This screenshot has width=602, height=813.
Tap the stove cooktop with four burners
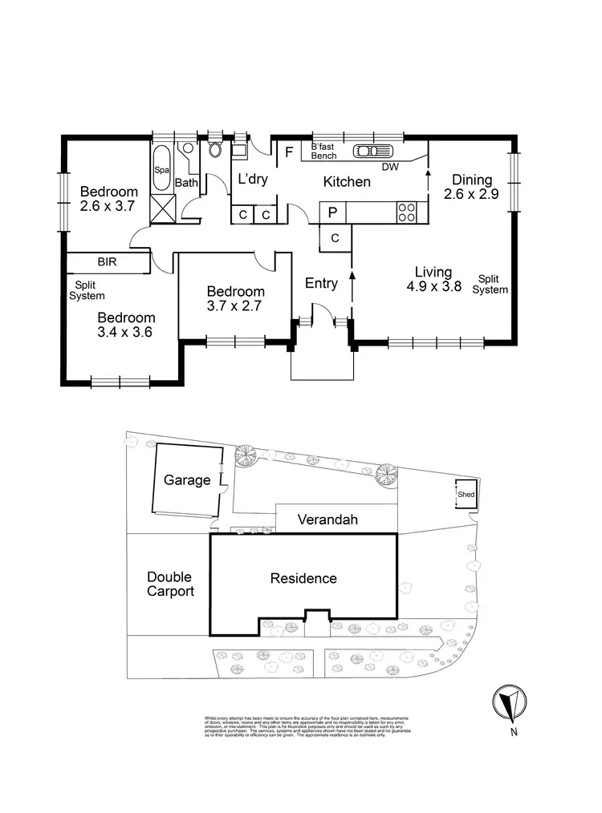(x=407, y=212)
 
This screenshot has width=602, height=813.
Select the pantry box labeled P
(x=332, y=212)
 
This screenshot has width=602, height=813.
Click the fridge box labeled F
(x=288, y=151)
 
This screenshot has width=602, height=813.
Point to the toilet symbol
(x=214, y=149)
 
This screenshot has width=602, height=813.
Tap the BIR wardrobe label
(x=107, y=262)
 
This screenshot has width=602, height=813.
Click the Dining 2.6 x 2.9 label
(x=472, y=187)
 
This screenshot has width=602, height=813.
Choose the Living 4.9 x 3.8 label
(x=433, y=279)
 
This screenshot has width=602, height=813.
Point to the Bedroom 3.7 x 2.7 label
(x=235, y=297)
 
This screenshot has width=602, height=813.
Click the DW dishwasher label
(x=390, y=168)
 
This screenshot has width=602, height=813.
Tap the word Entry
(x=321, y=283)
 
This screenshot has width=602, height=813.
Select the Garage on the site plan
(x=187, y=480)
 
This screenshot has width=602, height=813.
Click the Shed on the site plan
(x=466, y=495)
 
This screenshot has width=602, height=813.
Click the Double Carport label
(x=170, y=584)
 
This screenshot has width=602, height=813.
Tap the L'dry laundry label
(x=252, y=180)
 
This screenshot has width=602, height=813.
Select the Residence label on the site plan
(x=303, y=578)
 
